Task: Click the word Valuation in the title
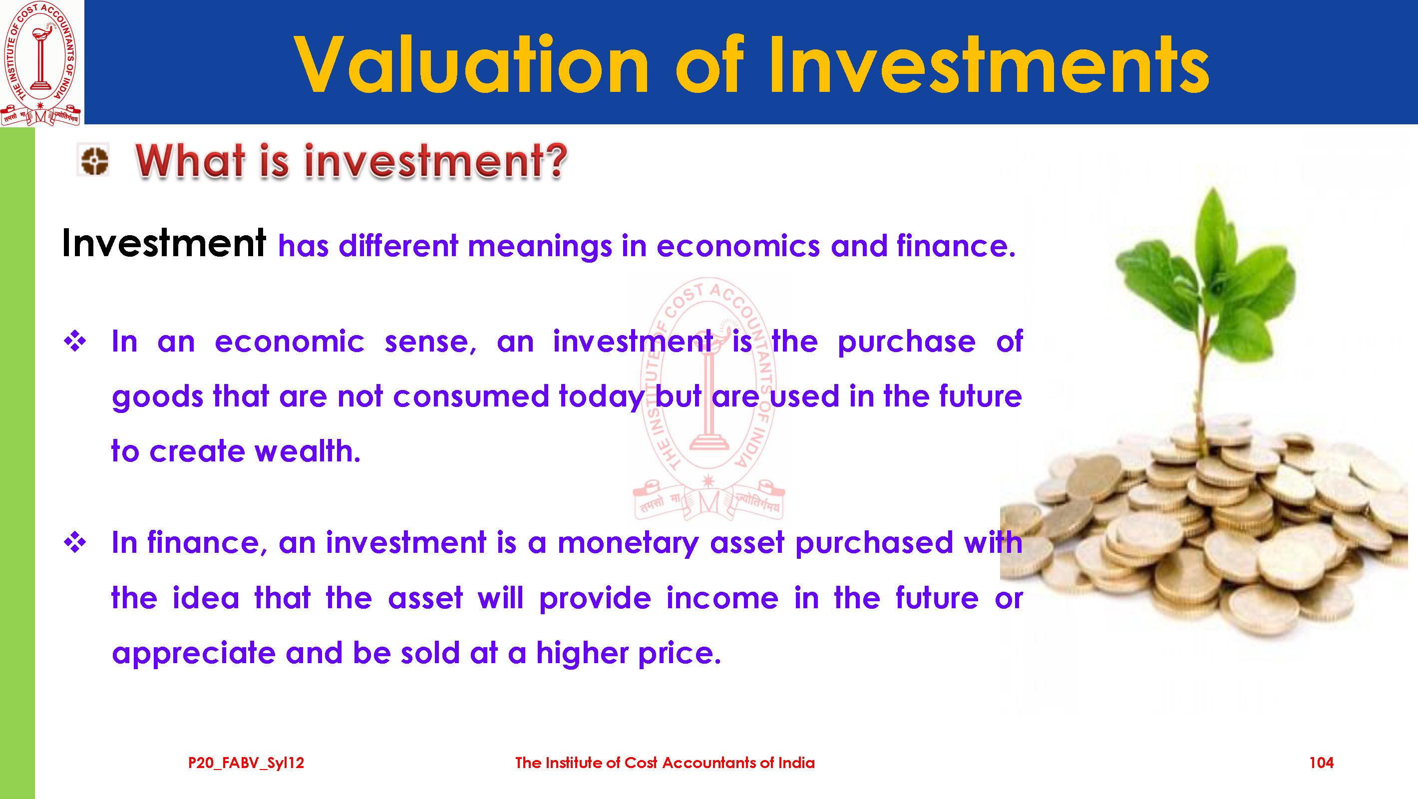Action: click(472, 64)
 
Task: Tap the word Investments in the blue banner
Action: click(988, 64)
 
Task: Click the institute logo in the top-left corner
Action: click(41, 63)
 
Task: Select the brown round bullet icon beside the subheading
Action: click(94, 160)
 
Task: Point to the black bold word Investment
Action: click(164, 243)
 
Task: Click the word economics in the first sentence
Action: click(738, 246)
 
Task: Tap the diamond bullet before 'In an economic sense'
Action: click(75, 342)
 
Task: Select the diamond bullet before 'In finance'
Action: click(75, 542)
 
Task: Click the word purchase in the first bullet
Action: click(907, 343)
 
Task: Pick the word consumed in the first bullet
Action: click(471, 397)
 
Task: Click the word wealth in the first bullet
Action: click(307, 451)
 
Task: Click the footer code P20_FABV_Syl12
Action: click(246, 763)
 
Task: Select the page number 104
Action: click(1321, 763)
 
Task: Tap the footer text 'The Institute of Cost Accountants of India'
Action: click(665, 763)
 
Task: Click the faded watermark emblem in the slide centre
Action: click(709, 399)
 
